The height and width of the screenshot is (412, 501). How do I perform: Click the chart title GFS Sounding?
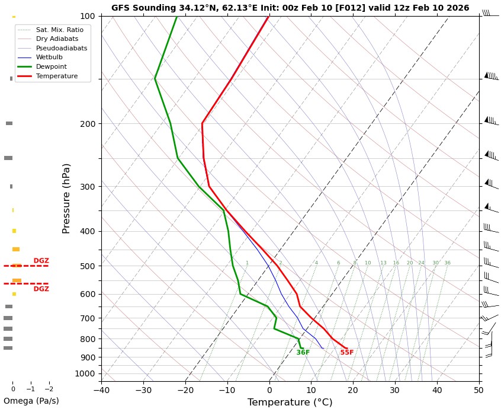coord(290,8)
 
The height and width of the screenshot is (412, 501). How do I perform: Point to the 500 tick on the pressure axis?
coord(88,266)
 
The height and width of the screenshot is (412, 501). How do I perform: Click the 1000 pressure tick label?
coord(85,373)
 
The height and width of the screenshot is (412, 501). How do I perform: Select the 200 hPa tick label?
coord(88,124)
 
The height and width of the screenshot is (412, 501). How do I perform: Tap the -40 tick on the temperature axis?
coord(101,390)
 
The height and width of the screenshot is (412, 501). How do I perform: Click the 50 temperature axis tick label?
coord(478,390)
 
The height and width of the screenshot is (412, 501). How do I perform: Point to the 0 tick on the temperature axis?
coord(269,390)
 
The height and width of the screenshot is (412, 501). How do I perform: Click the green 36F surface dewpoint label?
coord(303,353)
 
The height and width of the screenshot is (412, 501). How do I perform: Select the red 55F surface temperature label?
coord(346,353)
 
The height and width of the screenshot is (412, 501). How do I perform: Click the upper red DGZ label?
coord(41,261)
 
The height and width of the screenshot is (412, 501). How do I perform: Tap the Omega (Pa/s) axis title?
coord(31,401)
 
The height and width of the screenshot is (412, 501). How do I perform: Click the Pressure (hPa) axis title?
coord(66,198)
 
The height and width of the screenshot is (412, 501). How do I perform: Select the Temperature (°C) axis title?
coord(290,403)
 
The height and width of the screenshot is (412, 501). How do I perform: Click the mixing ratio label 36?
coord(447,263)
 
